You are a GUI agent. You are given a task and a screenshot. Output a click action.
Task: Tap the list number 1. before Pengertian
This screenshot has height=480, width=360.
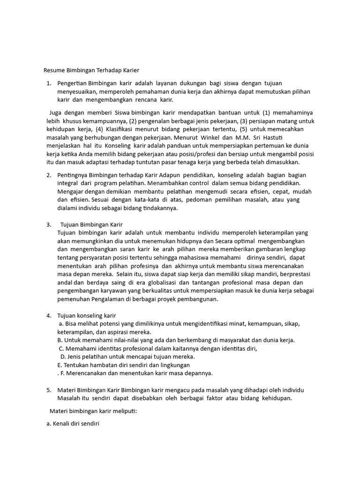(49, 83)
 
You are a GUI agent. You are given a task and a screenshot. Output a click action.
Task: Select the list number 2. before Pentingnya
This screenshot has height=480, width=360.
(49, 175)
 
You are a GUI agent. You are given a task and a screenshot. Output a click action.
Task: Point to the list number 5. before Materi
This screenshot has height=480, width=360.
(49, 390)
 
